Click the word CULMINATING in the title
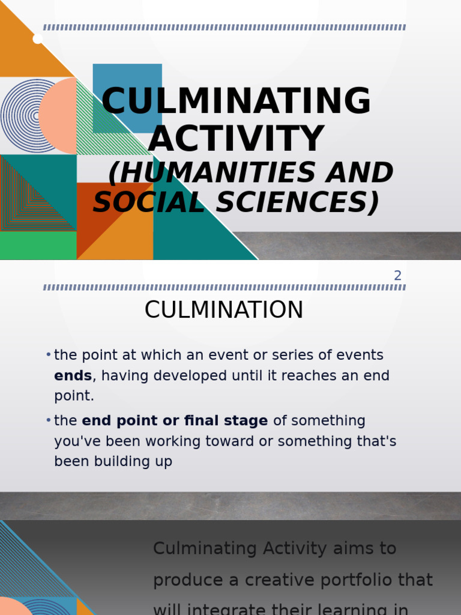pos(236,101)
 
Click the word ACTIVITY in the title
pos(236,139)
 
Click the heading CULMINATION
pos(224,311)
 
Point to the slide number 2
pos(397,276)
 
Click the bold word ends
pos(73,376)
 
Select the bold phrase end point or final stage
pos(175,421)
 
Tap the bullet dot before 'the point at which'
pos(48,355)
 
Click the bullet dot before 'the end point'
pos(48,420)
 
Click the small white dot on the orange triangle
pos(37,39)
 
